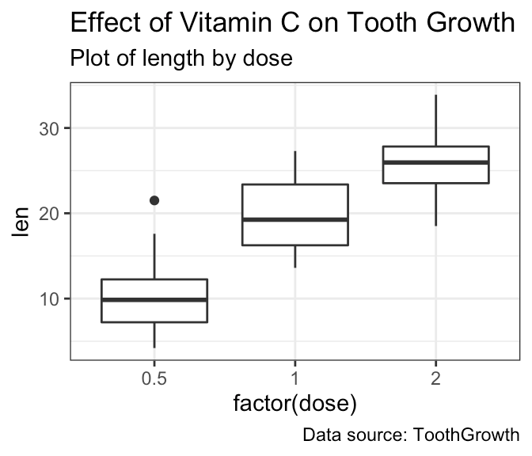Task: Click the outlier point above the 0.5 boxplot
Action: pos(154,200)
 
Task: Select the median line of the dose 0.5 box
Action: pos(154,300)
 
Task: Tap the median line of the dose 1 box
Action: pos(294,219)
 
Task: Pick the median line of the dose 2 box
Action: pos(435,162)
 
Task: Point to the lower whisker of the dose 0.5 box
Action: pos(154,335)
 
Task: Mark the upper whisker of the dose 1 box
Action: pos(294,167)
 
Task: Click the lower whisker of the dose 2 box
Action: pos(435,204)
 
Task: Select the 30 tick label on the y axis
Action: pos(49,128)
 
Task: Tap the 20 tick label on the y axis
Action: pos(49,214)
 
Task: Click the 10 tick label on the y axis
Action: pos(49,298)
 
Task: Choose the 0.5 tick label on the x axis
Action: pos(154,379)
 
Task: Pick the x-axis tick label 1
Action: pos(294,379)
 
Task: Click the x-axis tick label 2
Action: pos(435,379)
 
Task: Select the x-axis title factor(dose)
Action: pos(294,404)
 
